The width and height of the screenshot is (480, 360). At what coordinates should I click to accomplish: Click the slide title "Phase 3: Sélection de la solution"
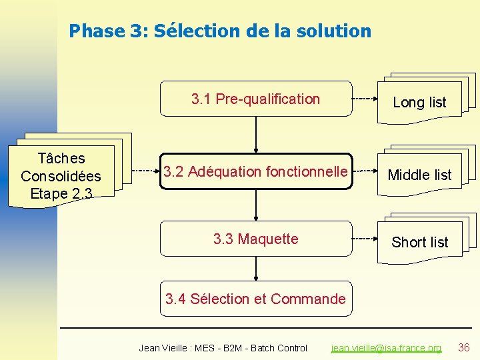pyautogui.click(x=220, y=31)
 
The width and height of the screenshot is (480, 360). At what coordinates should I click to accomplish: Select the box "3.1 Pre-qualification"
pyautogui.click(x=256, y=99)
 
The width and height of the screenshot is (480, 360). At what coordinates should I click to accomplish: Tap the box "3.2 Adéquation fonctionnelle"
pyautogui.click(x=256, y=172)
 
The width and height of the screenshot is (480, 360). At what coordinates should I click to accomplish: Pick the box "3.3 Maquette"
pyautogui.click(x=256, y=239)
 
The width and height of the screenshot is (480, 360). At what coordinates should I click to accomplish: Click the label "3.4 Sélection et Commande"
pyautogui.click(x=256, y=299)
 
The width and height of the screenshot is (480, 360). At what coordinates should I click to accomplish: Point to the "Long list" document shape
pyautogui.click(x=419, y=102)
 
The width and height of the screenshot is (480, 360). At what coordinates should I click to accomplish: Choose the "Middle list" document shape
pyautogui.click(x=419, y=175)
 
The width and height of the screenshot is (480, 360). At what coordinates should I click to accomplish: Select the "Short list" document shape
pyautogui.click(x=419, y=242)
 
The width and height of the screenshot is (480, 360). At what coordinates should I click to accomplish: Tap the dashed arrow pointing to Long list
pyautogui.click(x=364, y=99)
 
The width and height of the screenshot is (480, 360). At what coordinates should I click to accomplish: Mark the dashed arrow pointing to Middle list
pyautogui.click(x=364, y=171)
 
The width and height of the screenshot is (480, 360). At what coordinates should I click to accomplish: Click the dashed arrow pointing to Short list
pyautogui.click(x=364, y=238)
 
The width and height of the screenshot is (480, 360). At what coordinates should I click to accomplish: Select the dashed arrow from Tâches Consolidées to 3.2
pyautogui.click(x=145, y=171)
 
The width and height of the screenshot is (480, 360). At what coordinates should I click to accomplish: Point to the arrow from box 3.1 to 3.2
pyautogui.click(x=256, y=135)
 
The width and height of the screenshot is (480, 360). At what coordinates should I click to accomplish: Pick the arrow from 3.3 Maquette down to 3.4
pyautogui.click(x=256, y=271)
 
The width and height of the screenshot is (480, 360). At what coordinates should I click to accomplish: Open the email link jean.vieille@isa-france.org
pyautogui.click(x=386, y=348)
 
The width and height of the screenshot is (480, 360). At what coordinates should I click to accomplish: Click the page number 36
pyautogui.click(x=464, y=347)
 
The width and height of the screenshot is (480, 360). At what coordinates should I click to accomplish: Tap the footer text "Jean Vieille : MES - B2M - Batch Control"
pyautogui.click(x=223, y=348)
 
